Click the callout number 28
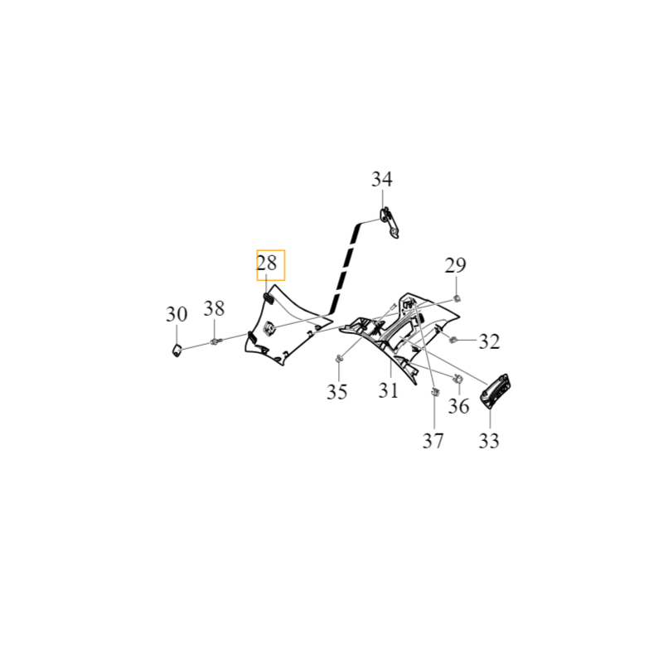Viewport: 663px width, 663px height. pos(267,264)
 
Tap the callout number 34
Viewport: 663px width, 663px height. pos(382,179)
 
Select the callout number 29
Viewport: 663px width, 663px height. pos(455,265)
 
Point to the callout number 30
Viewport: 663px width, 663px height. pos(177,314)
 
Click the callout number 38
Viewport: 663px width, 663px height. pos(214,308)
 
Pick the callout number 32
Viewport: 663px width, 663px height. pos(489,341)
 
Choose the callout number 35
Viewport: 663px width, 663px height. pos(337,391)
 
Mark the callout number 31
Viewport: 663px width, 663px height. pos(388,390)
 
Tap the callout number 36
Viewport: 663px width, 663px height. pos(459,406)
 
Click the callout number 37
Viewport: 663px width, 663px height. pos(433,441)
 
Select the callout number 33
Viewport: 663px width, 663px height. pos(489,440)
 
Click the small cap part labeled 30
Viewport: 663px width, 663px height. pos(177,350)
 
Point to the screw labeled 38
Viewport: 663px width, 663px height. pos(215,341)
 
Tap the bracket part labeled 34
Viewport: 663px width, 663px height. pos(390,223)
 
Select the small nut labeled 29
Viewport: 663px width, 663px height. pos(457,299)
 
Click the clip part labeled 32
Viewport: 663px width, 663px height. pos(452,339)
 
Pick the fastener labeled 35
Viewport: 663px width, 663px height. pos(339,359)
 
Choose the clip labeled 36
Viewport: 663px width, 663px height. pos(458,379)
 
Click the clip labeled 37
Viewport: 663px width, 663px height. pos(434,391)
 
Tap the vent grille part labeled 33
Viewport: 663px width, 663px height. pos(495,390)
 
